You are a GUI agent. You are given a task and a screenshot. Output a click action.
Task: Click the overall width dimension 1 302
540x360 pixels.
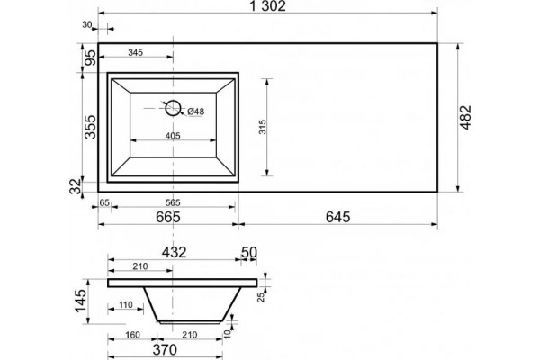click(x=267, y=6)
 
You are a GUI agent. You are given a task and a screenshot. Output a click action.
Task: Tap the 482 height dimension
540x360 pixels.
click(x=466, y=118)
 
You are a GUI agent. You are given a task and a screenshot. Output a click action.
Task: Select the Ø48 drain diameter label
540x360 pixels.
click(x=196, y=112)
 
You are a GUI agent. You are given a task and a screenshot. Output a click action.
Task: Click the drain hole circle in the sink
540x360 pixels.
click(x=173, y=108)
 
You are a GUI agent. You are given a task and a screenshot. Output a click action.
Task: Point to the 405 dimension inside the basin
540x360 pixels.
click(x=173, y=136)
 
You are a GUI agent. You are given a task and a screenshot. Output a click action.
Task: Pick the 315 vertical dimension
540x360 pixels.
click(x=263, y=127)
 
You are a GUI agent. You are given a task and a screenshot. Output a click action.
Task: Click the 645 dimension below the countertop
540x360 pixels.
click(x=337, y=217)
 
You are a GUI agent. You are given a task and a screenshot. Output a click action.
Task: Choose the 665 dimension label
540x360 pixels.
click(x=168, y=217)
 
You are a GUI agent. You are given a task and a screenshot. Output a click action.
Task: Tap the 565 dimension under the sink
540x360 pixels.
click(x=173, y=202)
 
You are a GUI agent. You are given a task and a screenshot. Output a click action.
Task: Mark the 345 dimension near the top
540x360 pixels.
click(x=135, y=52)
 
